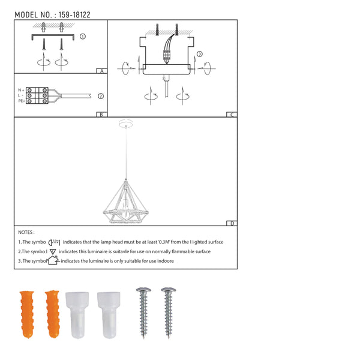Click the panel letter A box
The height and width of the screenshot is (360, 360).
click(102, 71)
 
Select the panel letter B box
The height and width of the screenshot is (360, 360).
click(102, 114)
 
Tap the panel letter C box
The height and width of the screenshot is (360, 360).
click(232, 114)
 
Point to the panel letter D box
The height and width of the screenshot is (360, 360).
click(232, 223)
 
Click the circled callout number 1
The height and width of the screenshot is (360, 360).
click(83, 37)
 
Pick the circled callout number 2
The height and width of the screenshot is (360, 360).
click(101, 95)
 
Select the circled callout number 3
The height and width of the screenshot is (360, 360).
click(200, 54)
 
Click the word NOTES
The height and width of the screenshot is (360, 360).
click(26, 232)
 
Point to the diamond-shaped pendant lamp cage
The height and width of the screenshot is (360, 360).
click(126, 199)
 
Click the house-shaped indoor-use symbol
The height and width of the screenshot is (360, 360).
click(52, 260)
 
